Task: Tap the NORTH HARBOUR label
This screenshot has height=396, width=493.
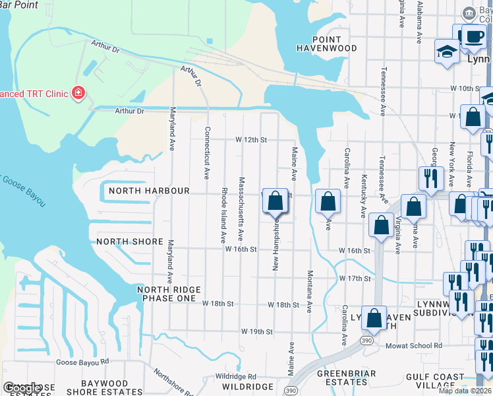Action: [x=149, y=191]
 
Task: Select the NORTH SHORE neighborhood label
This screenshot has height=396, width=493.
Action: [x=130, y=242]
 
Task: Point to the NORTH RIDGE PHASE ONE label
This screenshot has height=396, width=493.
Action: [x=166, y=294]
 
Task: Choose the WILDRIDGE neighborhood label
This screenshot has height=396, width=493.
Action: [x=247, y=386]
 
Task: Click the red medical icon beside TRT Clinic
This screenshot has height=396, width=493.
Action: [x=78, y=93]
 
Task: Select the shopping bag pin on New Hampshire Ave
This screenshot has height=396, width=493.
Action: [x=275, y=201]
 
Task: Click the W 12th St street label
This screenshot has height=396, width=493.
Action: [x=252, y=140]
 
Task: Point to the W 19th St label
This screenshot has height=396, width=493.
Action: [x=256, y=331]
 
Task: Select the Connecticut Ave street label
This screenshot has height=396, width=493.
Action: [x=207, y=153]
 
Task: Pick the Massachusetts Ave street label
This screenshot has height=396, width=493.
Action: [x=241, y=208]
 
